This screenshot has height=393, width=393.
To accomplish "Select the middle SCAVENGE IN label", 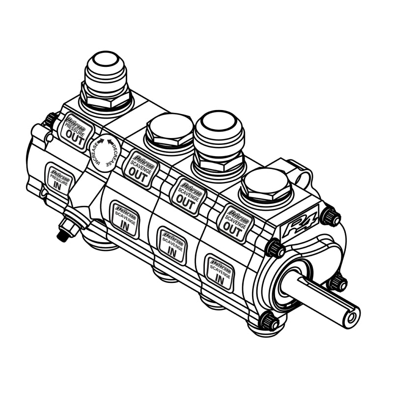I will [x=172, y=245].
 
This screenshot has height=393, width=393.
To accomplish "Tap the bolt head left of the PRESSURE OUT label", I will [x=50, y=119].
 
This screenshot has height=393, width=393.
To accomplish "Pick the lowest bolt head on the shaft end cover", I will [x=268, y=321].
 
